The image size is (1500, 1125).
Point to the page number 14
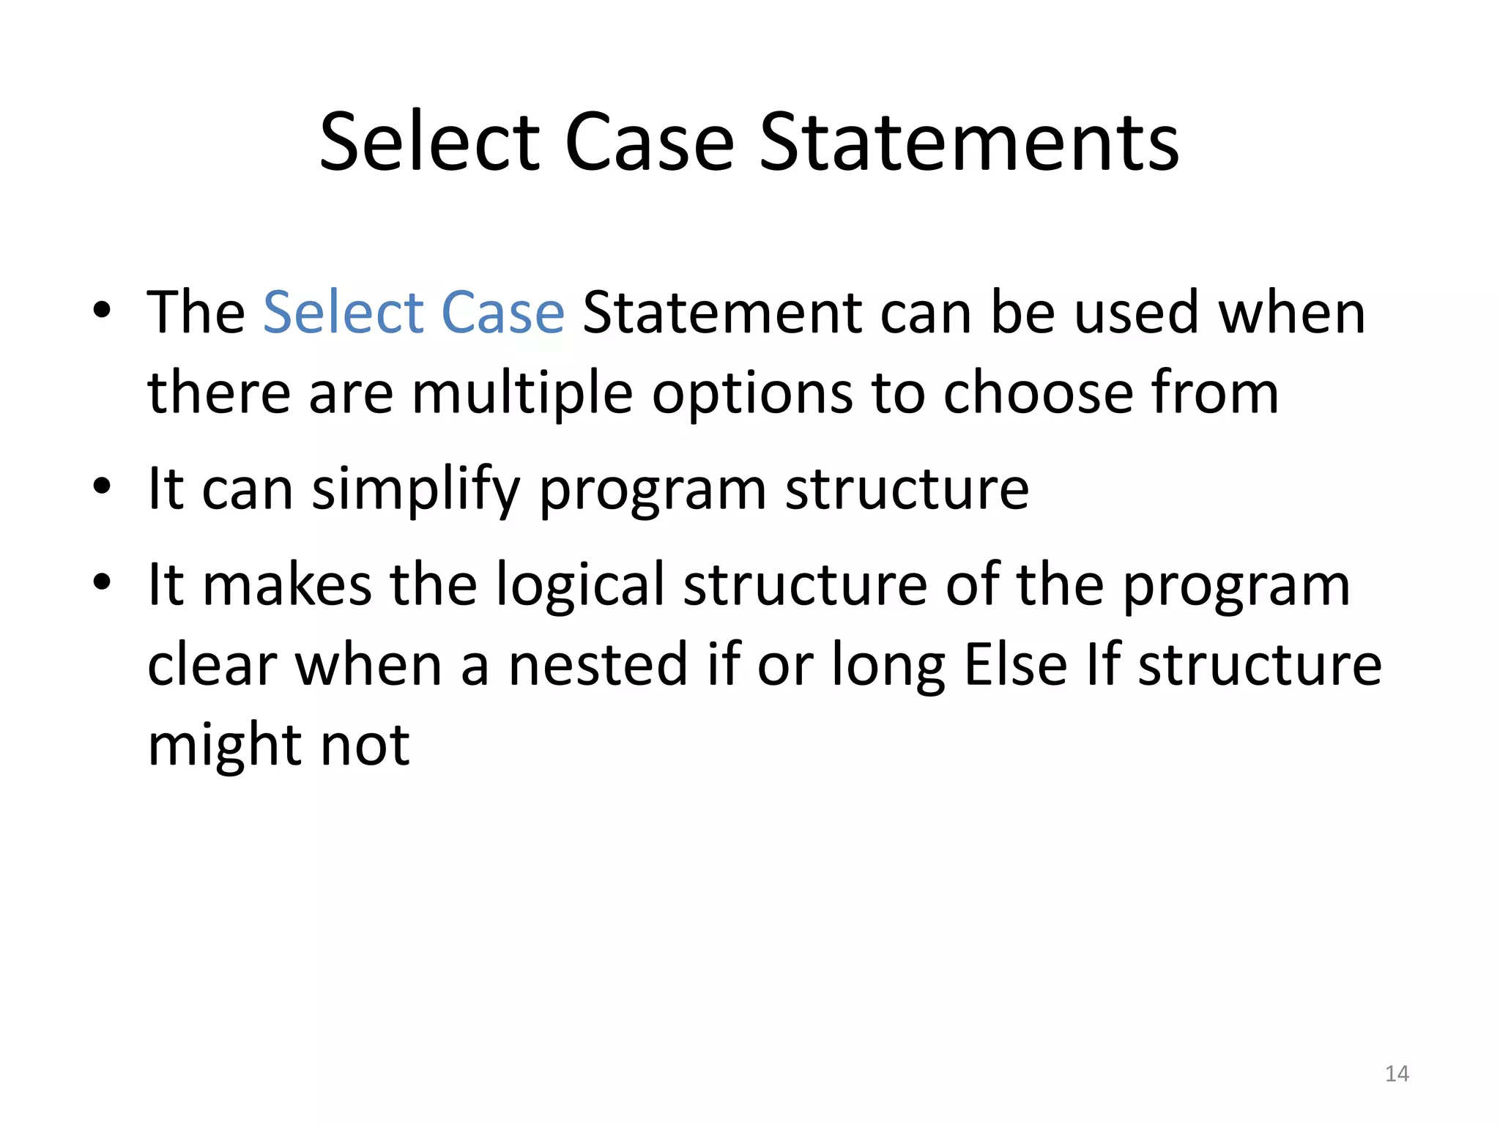click(x=1397, y=1074)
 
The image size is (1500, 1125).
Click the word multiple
click(x=522, y=393)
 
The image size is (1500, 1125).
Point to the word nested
click(x=598, y=665)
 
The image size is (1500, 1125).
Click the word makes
click(x=287, y=585)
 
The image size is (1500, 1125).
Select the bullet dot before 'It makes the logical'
click(x=102, y=582)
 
